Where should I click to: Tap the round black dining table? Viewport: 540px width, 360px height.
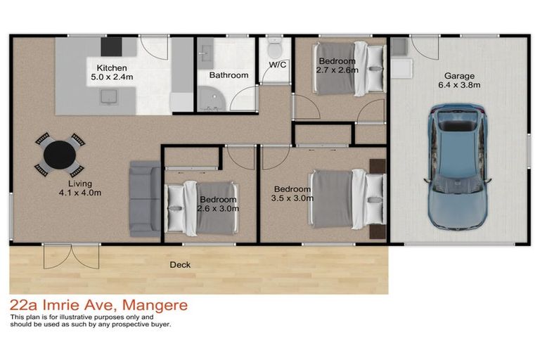pyautogui.click(x=58, y=155)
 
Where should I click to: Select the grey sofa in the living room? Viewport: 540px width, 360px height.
pyautogui.click(x=145, y=199)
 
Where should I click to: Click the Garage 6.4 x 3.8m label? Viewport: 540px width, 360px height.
pyautogui.click(x=458, y=81)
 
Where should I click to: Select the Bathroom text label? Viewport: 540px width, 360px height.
pyautogui.click(x=229, y=75)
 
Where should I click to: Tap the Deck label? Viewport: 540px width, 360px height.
pyautogui.click(x=180, y=265)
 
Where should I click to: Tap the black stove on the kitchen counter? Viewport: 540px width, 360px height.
pyautogui.click(x=111, y=46)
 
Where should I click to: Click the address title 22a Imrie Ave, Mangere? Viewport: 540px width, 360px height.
pyautogui.click(x=98, y=306)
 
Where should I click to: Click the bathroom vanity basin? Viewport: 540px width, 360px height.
pyautogui.click(x=207, y=53)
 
